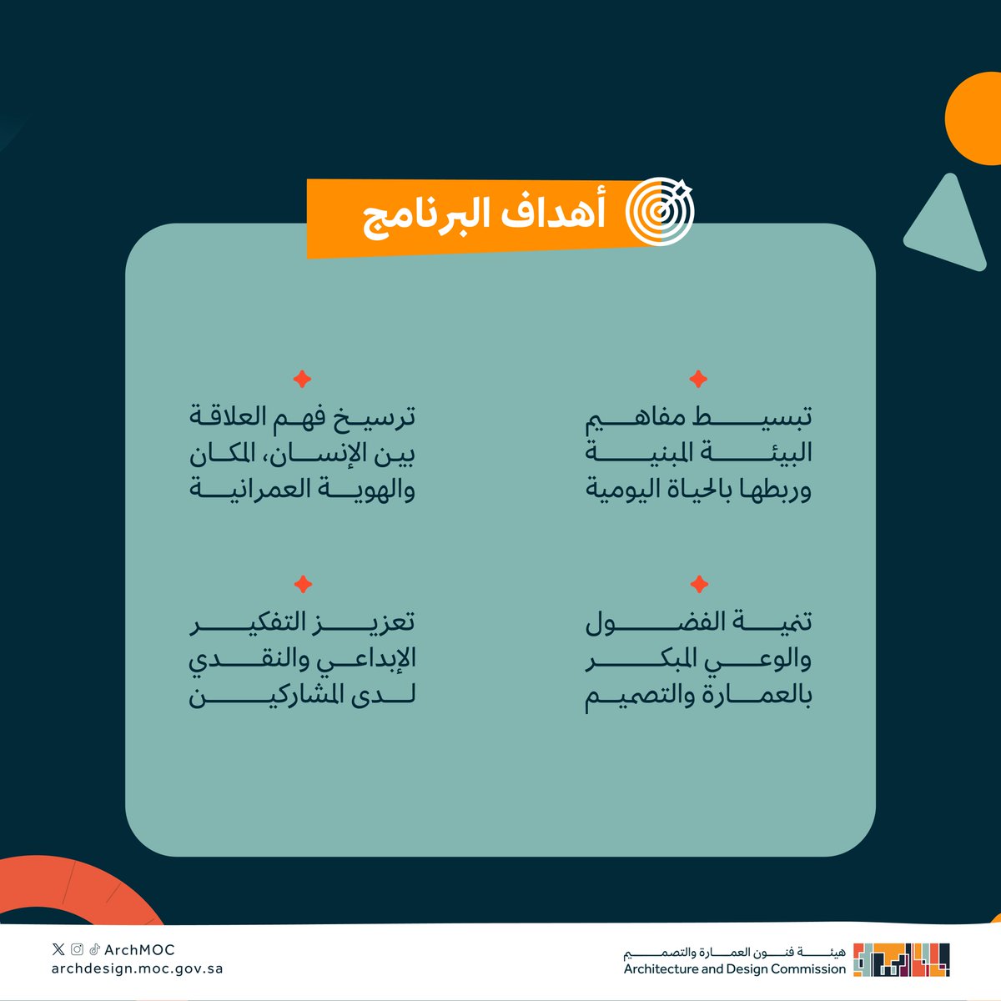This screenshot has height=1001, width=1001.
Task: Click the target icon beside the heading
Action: pos(659,213)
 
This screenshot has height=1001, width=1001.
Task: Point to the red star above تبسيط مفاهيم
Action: pos(698,380)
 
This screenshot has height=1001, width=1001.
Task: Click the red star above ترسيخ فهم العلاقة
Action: pos(302,380)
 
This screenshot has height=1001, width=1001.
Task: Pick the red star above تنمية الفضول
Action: pos(700,584)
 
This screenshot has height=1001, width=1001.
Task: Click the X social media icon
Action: pos(58,949)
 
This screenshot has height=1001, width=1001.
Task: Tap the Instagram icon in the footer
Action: pos(77,949)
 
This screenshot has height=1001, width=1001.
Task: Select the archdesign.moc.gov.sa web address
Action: pos(137,969)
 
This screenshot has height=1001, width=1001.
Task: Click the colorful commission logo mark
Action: pos(901,959)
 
